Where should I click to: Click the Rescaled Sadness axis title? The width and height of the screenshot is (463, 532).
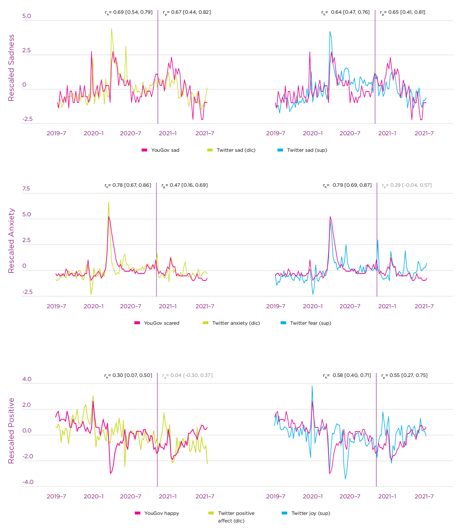pyautogui.click(x=11, y=68)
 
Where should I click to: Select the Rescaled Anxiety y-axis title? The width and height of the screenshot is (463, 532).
pyautogui.click(x=11, y=241)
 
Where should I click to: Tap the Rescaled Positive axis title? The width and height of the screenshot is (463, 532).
pyautogui.click(x=11, y=431)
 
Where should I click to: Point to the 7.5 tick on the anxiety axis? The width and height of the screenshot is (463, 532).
pyautogui.click(x=26, y=188)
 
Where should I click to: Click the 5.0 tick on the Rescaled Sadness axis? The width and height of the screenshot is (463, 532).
pyautogui.click(x=26, y=16)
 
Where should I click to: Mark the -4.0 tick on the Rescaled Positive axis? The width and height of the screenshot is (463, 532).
pyautogui.click(x=28, y=482)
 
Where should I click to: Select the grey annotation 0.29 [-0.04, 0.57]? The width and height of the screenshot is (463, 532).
pyautogui.click(x=407, y=185)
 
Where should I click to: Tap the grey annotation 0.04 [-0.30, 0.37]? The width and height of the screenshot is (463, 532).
pyautogui.click(x=187, y=375)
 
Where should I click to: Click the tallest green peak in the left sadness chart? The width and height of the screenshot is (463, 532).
pyautogui.click(x=111, y=29)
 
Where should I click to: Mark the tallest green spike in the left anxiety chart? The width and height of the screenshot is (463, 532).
pyautogui.click(x=109, y=202)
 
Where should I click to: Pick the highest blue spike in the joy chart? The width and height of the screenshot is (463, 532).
pyautogui.click(x=312, y=386)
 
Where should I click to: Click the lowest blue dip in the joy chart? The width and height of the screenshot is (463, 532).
pyautogui.click(x=345, y=479)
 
